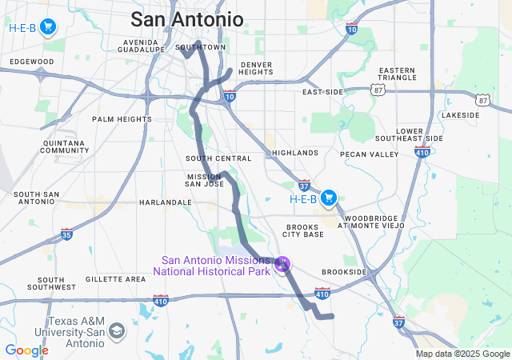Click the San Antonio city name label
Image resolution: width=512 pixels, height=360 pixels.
(x=186, y=19)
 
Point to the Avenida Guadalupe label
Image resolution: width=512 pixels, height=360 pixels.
(x=142, y=45)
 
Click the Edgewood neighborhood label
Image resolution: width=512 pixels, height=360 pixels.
(x=32, y=62)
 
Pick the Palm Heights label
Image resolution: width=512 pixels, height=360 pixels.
(x=122, y=119)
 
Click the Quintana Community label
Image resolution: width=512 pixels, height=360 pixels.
(x=64, y=146)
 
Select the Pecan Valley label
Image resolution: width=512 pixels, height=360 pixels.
(x=369, y=153)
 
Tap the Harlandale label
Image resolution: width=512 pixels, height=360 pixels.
(x=166, y=202)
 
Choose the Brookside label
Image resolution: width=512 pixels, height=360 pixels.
(x=344, y=272)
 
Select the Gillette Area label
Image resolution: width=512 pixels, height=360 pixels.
(x=115, y=279)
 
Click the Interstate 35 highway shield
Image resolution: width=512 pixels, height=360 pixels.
(x=67, y=234)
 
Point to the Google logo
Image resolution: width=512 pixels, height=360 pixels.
(x=26, y=350)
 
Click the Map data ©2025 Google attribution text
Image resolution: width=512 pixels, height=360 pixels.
(x=462, y=354)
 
